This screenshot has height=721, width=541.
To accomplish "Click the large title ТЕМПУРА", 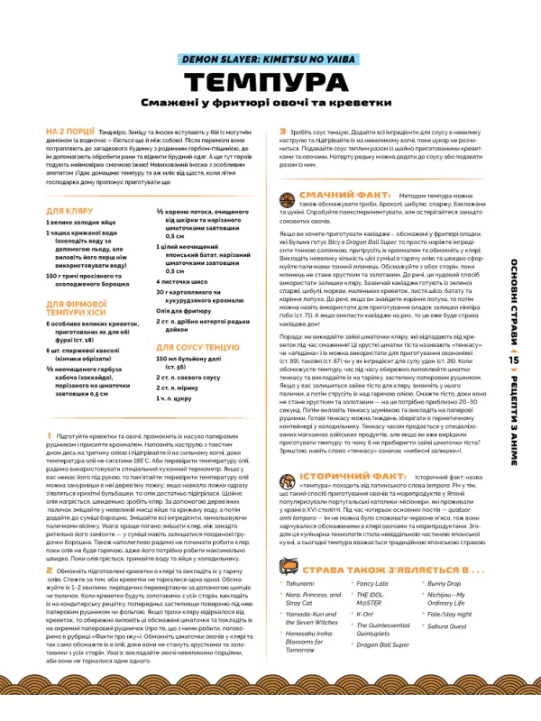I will click(x=270, y=82).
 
